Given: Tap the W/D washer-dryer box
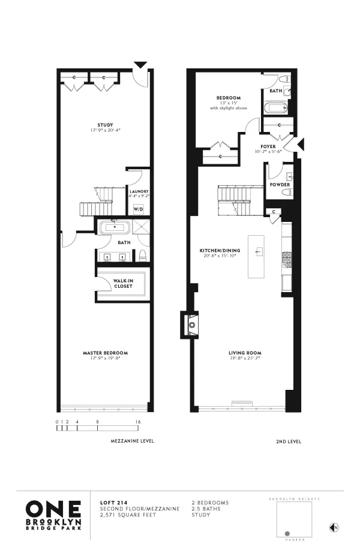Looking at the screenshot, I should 138,209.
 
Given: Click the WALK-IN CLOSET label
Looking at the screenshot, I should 123,284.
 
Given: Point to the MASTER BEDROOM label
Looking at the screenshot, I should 105,353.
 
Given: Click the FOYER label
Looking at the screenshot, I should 268,146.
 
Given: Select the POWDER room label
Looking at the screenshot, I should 280,185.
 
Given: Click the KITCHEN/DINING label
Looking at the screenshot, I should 220,251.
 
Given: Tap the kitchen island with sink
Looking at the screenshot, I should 259,253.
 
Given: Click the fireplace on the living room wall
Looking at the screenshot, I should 192,325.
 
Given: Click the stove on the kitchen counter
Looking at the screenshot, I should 287,259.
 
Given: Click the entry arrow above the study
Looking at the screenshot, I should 140,64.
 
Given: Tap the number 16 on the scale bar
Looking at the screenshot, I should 138,422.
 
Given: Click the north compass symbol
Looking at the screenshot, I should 334,528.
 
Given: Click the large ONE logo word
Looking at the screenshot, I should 53,509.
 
